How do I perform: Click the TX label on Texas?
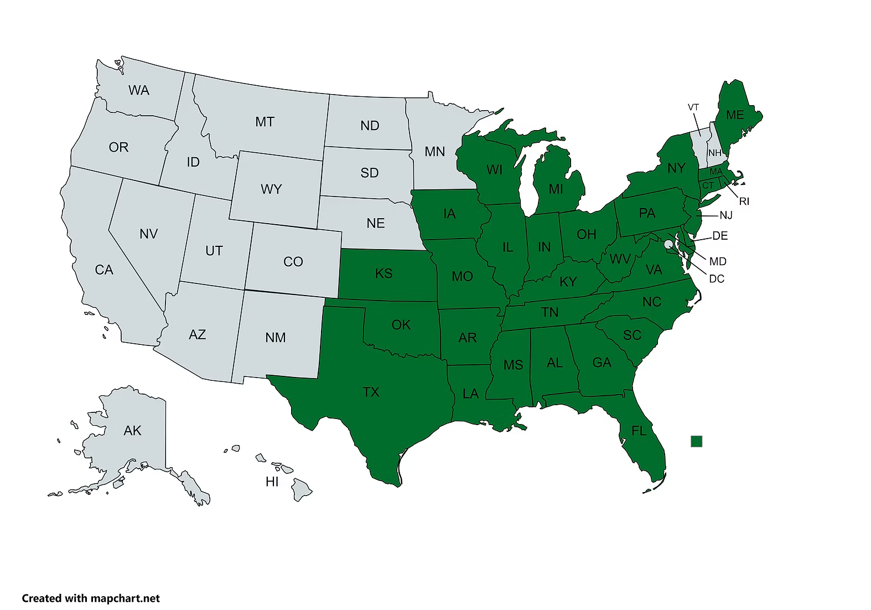371,392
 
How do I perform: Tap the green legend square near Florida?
696,441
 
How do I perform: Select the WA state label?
138,90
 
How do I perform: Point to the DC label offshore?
716,278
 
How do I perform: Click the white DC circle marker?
668,244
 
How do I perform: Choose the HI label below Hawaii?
272,482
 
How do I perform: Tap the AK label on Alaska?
132,430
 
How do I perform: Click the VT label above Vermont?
693,107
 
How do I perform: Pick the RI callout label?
744,201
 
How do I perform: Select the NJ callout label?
725,215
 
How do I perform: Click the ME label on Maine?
734,115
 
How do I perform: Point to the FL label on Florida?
639,430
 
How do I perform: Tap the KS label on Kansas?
383,273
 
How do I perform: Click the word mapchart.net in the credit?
125,598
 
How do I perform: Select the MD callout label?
717,261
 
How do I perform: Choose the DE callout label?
719,236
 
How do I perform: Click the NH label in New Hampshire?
714,153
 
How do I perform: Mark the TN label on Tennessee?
549,312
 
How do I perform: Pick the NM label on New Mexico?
275,337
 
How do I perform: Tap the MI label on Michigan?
556,189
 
